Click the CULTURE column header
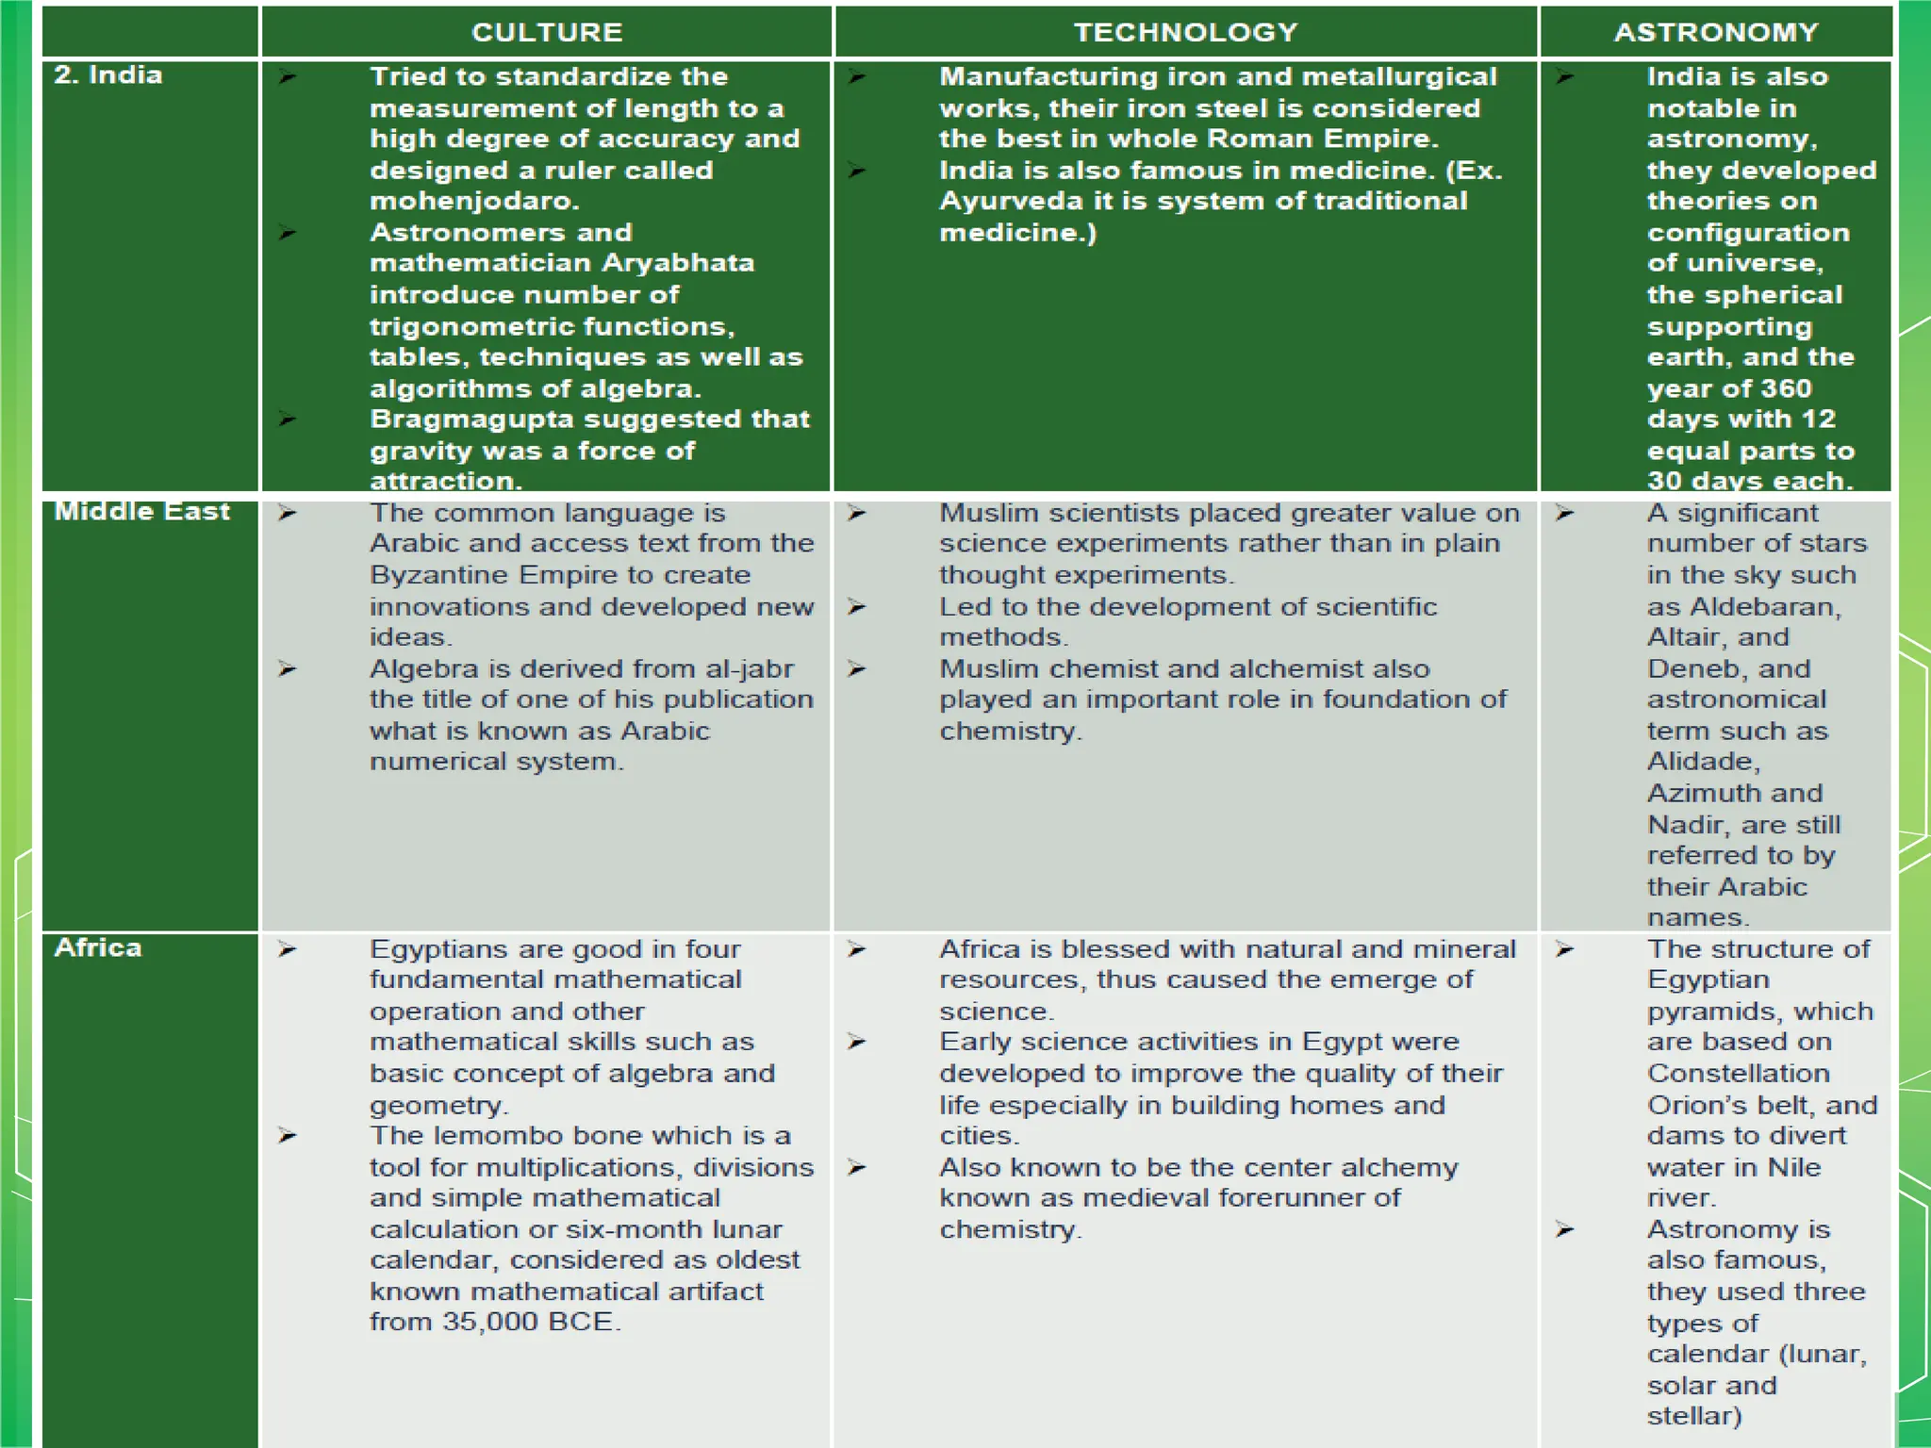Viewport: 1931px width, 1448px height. pyautogui.click(x=547, y=32)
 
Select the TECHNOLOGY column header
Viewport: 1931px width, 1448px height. pyautogui.click(x=1186, y=32)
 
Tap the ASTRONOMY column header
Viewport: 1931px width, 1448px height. pyautogui.click(x=1716, y=32)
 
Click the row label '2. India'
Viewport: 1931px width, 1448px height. pyautogui.click(x=107, y=75)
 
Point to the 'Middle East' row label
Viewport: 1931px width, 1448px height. pyautogui.click(x=141, y=511)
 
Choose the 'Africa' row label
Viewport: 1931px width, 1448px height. pyautogui.click(x=98, y=947)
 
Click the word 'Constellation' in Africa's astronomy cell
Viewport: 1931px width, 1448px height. pyautogui.click(x=1739, y=1073)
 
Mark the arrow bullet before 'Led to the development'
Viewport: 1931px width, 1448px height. pyautogui.click(x=856, y=606)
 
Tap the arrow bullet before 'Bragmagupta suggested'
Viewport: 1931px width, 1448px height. pyautogui.click(x=288, y=419)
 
